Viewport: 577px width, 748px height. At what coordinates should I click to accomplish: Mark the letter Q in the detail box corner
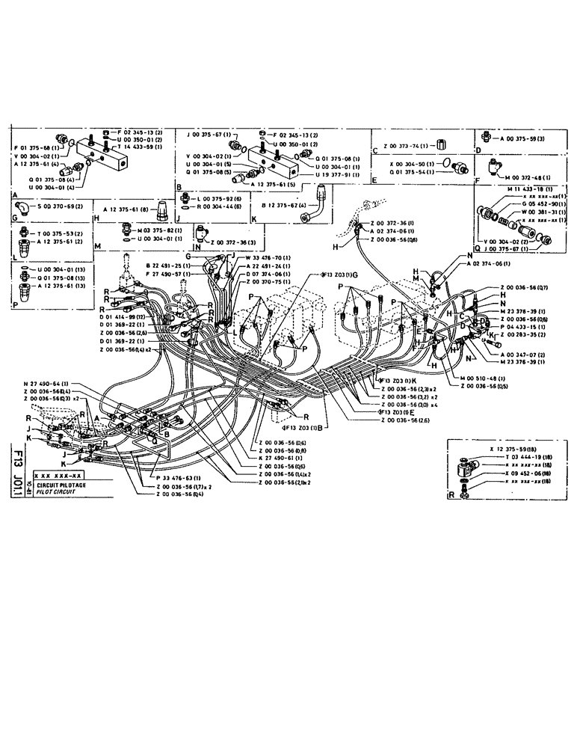479,249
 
